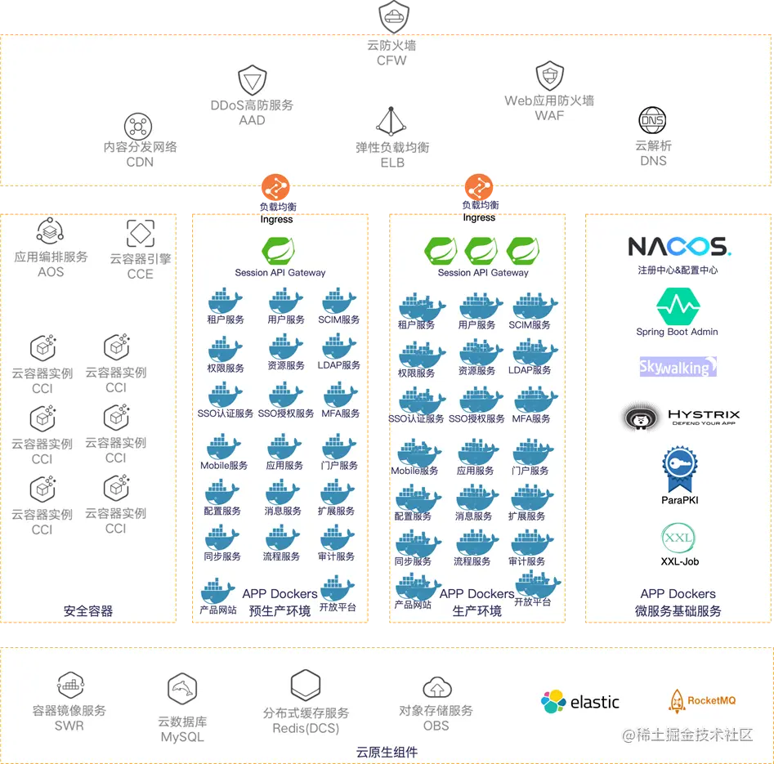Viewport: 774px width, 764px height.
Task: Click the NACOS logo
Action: point(678,246)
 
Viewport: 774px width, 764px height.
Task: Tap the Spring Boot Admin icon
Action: point(678,306)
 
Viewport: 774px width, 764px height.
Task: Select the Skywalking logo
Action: point(678,367)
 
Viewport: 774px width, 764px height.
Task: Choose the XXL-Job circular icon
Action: point(678,538)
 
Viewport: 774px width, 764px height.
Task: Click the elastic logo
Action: point(580,702)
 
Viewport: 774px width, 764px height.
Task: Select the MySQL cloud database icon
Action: point(182,690)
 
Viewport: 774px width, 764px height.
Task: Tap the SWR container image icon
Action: point(69,685)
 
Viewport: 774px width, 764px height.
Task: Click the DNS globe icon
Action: point(652,121)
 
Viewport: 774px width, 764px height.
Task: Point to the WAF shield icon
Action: point(549,77)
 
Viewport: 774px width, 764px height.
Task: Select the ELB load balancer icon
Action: point(391,122)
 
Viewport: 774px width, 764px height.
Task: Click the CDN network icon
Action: point(138,127)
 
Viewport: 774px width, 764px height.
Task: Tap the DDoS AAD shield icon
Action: point(252,81)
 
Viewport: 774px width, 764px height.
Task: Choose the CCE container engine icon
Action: point(141,234)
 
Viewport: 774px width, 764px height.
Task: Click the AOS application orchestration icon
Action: point(51,232)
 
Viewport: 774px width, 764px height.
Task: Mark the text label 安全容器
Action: point(88,610)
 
